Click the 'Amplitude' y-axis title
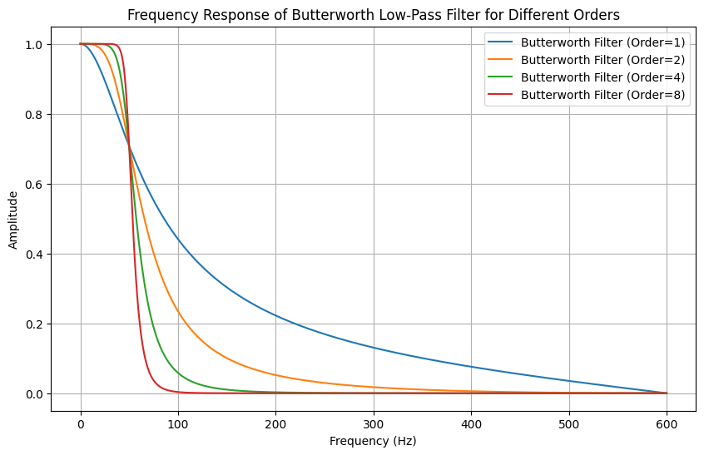click(x=13, y=219)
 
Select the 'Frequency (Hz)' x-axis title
click(x=373, y=441)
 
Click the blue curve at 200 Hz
click(x=276, y=314)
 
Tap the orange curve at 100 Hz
click(x=178, y=310)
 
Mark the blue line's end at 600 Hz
click(x=667, y=393)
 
